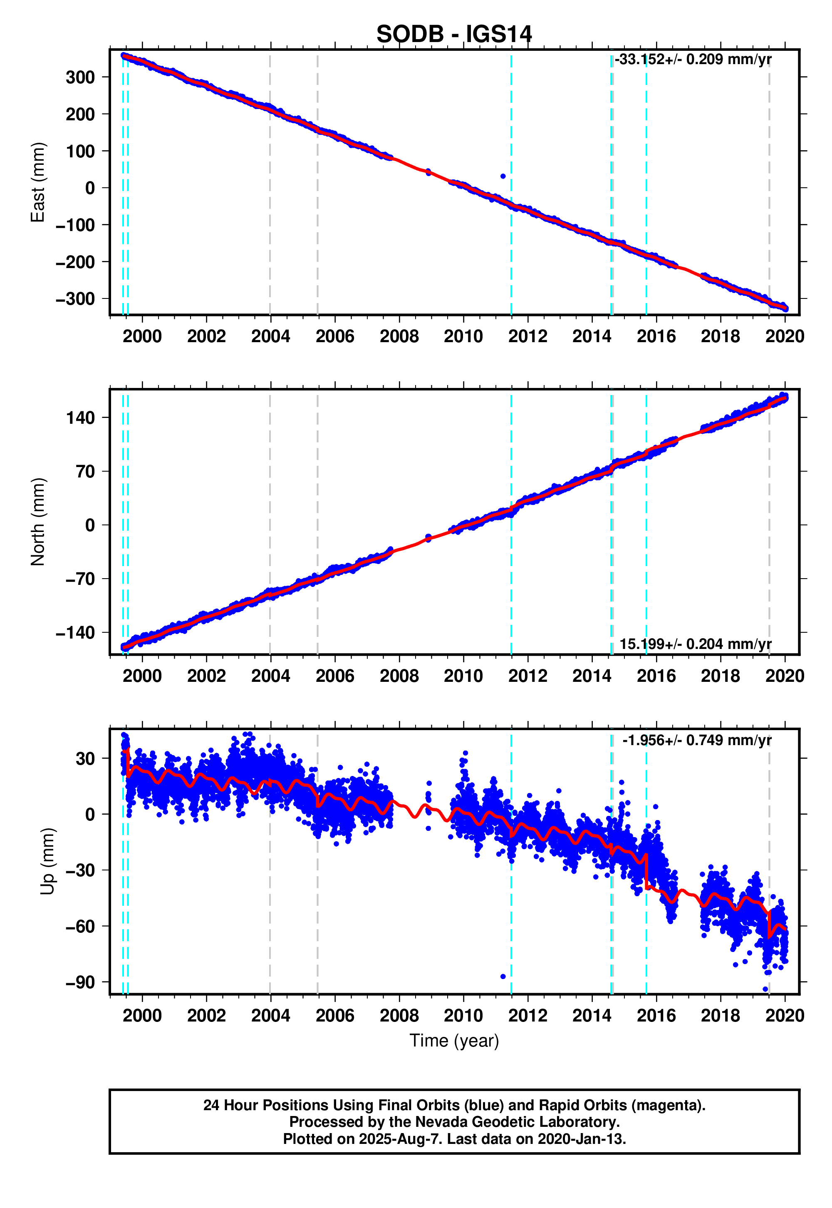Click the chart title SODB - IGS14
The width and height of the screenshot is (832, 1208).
click(x=453, y=35)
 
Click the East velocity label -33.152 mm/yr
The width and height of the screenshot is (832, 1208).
click(x=692, y=60)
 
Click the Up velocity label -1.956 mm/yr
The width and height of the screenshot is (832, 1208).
click(x=696, y=740)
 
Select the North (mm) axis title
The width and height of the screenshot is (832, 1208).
click(x=37, y=522)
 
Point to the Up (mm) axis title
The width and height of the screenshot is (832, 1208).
click(x=47, y=861)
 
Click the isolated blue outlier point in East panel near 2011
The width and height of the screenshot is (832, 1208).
click(x=503, y=176)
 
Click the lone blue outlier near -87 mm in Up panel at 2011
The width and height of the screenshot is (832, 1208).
click(x=503, y=977)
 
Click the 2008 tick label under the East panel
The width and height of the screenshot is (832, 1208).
click(x=399, y=336)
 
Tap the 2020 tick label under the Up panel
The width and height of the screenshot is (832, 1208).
click(x=785, y=1016)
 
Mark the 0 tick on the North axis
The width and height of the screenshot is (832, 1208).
click(x=90, y=525)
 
